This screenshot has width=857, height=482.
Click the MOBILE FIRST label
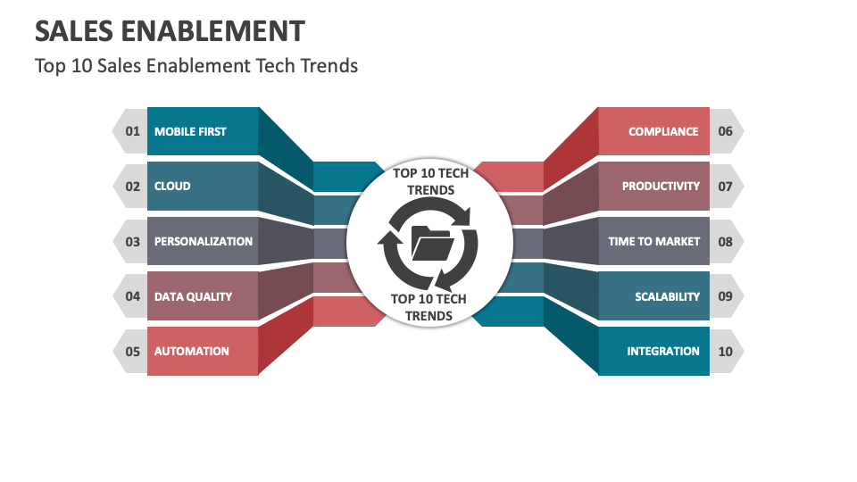click(190, 131)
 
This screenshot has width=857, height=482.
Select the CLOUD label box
click(172, 187)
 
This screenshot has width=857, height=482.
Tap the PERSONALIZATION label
click(203, 241)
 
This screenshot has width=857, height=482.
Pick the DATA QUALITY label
click(193, 296)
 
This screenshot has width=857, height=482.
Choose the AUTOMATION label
click(191, 351)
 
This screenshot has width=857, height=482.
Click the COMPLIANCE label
click(663, 131)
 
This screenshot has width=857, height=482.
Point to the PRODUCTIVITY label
click(661, 187)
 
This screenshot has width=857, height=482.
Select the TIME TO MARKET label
click(653, 241)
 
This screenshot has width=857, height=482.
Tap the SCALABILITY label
click(667, 296)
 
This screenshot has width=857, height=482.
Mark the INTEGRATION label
click(663, 351)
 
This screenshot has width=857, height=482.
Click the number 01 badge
click(132, 131)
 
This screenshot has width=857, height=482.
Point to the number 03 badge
click(132, 241)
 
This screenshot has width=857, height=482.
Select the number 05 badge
click(132, 351)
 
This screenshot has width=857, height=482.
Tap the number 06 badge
click(725, 131)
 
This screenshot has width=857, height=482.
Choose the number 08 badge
click(725, 241)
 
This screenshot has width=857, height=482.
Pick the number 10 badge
click(725, 351)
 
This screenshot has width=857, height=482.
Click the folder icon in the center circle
click(431, 242)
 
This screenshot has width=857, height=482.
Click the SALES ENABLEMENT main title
click(169, 31)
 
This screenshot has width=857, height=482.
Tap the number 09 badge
click(725, 296)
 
